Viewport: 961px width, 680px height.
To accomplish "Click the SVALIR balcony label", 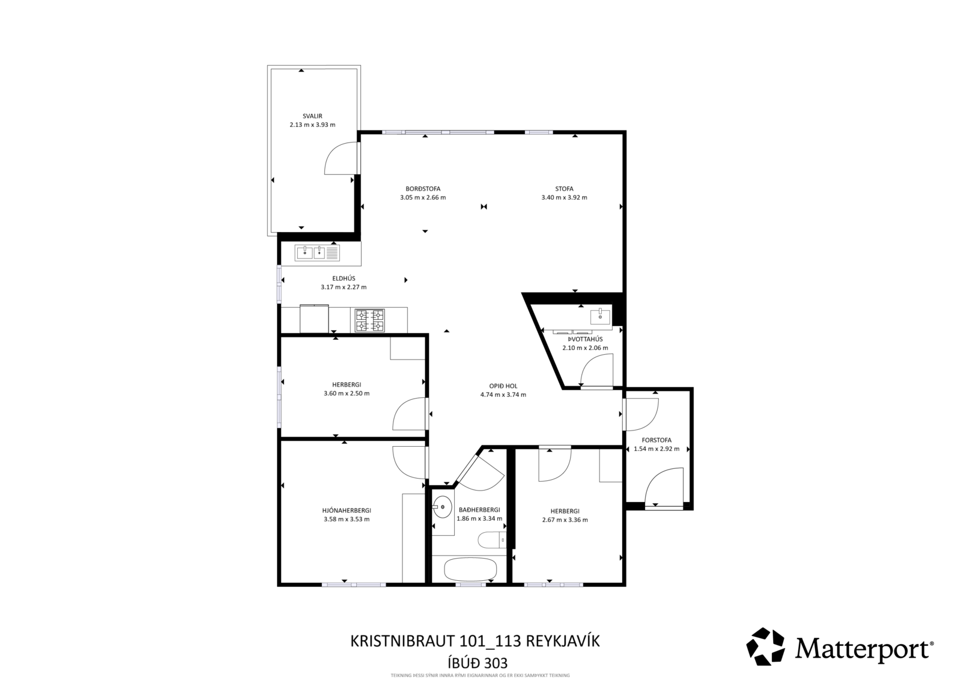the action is [x=312, y=116].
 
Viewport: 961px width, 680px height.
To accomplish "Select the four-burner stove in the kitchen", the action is [x=369, y=320].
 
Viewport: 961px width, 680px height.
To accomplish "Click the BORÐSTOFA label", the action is [x=423, y=189].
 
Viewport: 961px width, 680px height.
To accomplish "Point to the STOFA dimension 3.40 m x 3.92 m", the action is [x=564, y=198].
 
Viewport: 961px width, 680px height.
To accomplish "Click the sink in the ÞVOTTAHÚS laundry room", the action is [x=600, y=317].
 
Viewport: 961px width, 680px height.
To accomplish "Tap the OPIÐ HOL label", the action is [x=503, y=386].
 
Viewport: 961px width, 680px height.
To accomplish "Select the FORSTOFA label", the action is [x=656, y=440].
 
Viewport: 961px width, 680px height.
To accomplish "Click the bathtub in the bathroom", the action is [x=470, y=569].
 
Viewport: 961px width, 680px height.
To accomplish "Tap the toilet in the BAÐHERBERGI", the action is [x=492, y=540].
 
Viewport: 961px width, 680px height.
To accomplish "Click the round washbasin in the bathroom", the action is [x=442, y=507].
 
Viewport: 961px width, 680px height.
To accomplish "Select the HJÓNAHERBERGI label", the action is [x=347, y=510].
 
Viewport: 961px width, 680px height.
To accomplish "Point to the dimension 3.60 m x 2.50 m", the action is [x=347, y=393].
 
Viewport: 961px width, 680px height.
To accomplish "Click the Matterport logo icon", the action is [x=766, y=646].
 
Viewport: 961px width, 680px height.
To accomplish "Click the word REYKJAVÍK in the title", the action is [x=563, y=641].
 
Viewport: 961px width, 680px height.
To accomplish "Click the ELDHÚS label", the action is [x=344, y=278].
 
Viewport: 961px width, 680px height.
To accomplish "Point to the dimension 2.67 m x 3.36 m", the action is [x=565, y=520].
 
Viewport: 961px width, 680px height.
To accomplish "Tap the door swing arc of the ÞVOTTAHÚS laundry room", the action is [x=589, y=363].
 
